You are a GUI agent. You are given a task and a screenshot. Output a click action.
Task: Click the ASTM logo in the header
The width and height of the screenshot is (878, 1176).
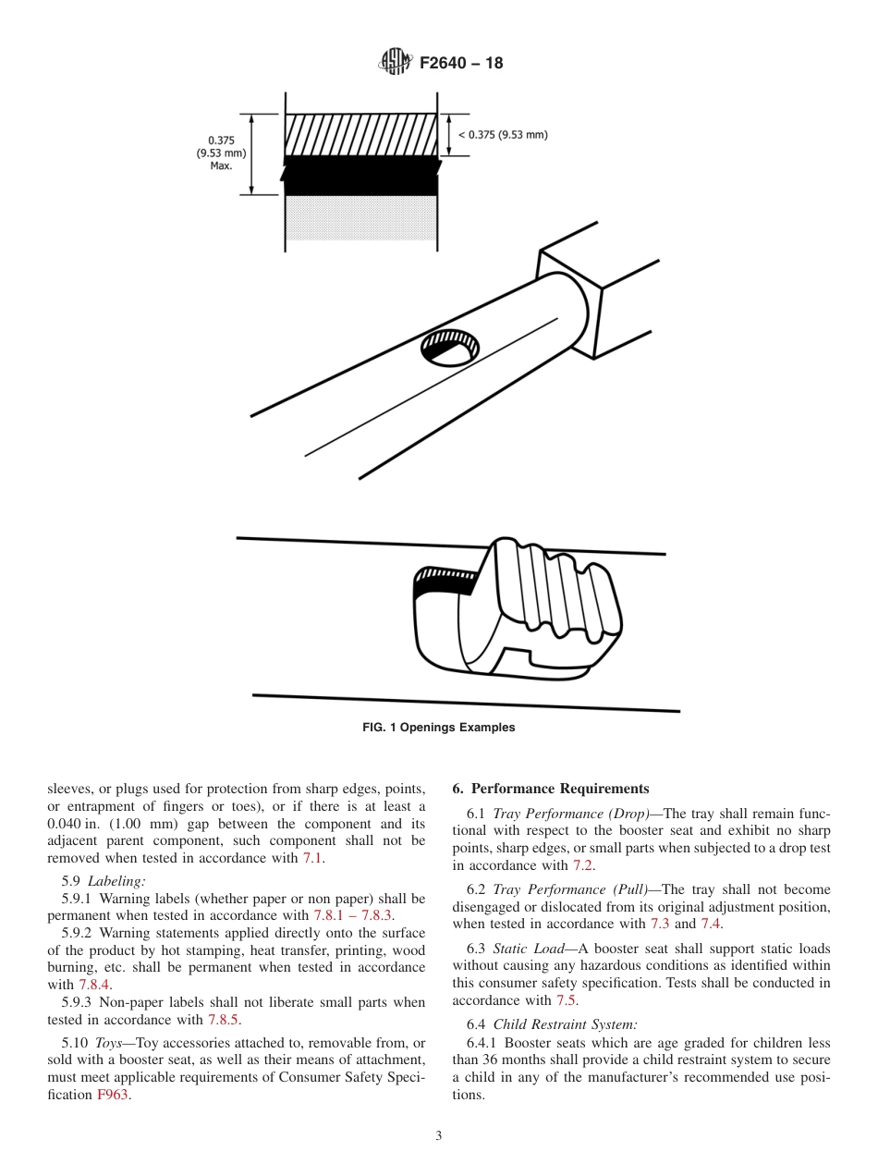(x=396, y=63)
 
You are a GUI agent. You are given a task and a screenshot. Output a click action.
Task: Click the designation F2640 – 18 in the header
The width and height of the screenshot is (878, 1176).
(x=461, y=64)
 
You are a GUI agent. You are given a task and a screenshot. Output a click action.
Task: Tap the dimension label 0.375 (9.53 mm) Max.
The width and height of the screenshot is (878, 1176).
(x=220, y=153)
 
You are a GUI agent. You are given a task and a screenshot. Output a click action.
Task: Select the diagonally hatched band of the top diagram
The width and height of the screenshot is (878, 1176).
(x=360, y=135)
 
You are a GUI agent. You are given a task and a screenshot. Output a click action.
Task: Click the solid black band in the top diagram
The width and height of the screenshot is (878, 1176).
(x=360, y=177)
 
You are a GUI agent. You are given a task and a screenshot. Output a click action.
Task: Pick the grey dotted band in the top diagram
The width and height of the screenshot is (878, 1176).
(x=360, y=218)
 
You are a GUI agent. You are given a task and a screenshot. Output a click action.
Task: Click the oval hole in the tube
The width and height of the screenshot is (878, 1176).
(x=450, y=347)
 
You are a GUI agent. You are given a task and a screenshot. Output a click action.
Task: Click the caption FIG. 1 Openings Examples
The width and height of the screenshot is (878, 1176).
(x=438, y=728)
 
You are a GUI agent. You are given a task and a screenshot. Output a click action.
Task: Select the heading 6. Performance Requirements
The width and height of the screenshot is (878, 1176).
(x=551, y=789)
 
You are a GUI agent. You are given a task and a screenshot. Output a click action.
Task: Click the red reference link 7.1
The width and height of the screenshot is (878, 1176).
(x=313, y=858)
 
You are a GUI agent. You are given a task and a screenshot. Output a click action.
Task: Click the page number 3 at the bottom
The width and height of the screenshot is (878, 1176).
(x=438, y=1136)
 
